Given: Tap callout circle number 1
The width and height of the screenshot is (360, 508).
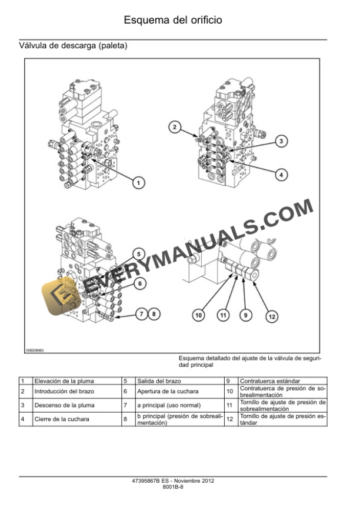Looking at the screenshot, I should (138, 183).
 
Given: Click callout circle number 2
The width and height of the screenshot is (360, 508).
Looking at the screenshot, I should (175, 125).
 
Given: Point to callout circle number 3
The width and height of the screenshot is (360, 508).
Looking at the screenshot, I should (282, 141).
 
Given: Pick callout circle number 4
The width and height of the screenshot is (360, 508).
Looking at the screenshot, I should (282, 174).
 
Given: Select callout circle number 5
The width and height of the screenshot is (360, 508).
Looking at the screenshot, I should (138, 254).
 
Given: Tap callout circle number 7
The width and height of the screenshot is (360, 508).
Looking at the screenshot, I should (141, 314).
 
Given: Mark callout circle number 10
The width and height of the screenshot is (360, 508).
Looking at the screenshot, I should (199, 316).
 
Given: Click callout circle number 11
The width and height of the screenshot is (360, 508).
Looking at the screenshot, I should (223, 316).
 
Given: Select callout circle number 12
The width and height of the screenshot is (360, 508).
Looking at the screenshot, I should (271, 316).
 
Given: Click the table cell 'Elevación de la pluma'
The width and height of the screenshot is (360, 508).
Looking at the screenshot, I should (64, 381).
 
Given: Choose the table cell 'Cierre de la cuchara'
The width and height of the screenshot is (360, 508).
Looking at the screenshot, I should (62, 419).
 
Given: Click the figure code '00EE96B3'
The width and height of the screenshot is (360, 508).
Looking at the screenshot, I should (35, 350).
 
